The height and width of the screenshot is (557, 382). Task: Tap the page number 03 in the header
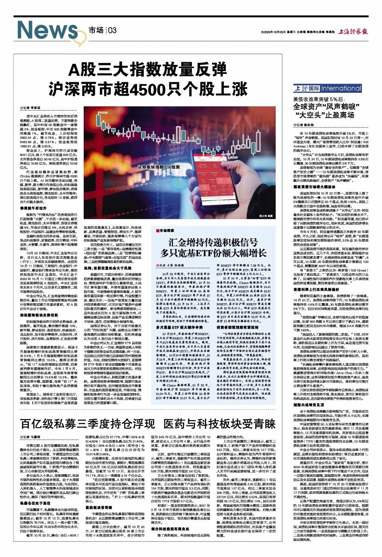coord(112,30)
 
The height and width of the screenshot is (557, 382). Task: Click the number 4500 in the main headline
coord(159,86)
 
